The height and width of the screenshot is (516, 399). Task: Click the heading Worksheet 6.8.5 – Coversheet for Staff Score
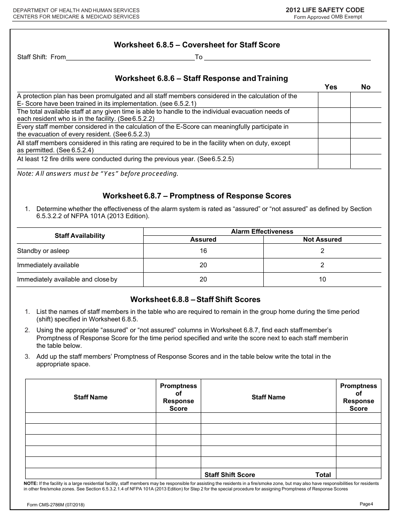click(x=197, y=45)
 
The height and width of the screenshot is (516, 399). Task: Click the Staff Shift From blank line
click(x=130, y=58)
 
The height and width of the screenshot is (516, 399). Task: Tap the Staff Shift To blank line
click(x=287, y=58)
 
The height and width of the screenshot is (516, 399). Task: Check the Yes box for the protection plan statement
click(x=334, y=100)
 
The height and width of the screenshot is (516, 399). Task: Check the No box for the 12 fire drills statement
click(x=366, y=162)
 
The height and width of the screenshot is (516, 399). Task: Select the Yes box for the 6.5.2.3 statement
click(x=334, y=130)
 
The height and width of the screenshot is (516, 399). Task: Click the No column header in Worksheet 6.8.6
click(x=366, y=87)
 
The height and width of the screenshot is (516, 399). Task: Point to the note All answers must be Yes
click(x=97, y=174)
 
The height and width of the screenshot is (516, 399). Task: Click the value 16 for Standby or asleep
click(x=203, y=251)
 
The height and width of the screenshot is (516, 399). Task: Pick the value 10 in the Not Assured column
click(x=322, y=279)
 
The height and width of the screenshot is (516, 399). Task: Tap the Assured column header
click(x=203, y=240)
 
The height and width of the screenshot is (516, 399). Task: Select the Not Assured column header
click(x=322, y=240)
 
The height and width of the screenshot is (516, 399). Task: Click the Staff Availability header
click(x=80, y=236)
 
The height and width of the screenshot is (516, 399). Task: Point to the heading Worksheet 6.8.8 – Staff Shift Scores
click(x=195, y=300)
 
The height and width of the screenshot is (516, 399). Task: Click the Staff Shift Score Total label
click(x=268, y=475)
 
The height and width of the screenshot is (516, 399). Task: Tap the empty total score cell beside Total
click(x=359, y=474)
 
